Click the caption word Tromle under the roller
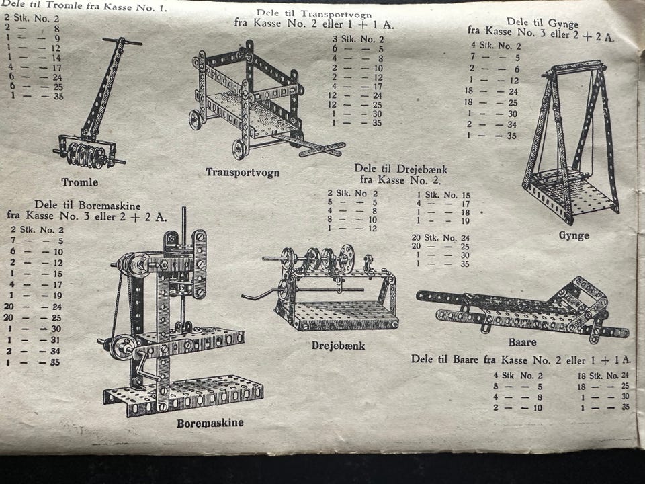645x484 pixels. pyautogui.click(x=80, y=182)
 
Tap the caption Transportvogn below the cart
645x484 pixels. pyautogui.click(x=243, y=172)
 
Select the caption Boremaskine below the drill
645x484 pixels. pyautogui.click(x=210, y=423)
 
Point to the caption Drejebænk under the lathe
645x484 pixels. pyautogui.click(x=338, y=346)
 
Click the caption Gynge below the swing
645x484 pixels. pyautogui.click(x=574, y=235)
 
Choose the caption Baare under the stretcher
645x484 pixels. pyautogui.click(x=523, y=342)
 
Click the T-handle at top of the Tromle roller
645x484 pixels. pyautogui.click(x=122, y=42)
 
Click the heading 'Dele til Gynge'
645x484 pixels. pyautogui.click(x=542, y=22)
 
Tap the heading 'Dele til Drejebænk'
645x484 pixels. pyautogui.click(x=400, y=169)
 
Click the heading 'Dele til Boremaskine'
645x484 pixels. pyautogui.click(x=87, y=205)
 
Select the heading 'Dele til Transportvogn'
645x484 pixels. pyautogui.click(x=314, y=14)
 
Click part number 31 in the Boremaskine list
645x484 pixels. pyautogui.click(x=56, y=340)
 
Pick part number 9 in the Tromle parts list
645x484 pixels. pyautogui.click(x=58, y=38)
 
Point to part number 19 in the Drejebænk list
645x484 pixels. pyautogui.click(x=465, y=221)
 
